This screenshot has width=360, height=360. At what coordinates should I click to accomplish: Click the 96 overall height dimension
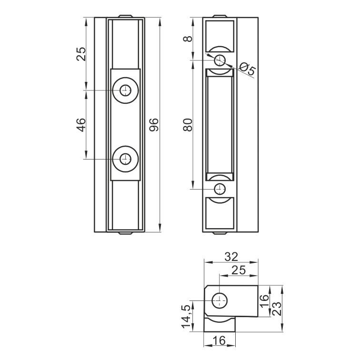154,125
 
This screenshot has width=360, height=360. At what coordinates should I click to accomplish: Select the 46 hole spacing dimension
81,125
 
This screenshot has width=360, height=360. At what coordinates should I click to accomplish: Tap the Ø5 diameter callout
247,69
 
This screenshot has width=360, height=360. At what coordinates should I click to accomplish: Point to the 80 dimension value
188,125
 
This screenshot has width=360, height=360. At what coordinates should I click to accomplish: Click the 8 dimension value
188,39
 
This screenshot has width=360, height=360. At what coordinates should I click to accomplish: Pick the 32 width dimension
231,257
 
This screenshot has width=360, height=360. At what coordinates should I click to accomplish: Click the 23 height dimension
277,309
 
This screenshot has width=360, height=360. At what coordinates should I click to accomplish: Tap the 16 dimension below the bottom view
219,340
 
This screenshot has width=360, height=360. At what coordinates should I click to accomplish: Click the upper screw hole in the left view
125,90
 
